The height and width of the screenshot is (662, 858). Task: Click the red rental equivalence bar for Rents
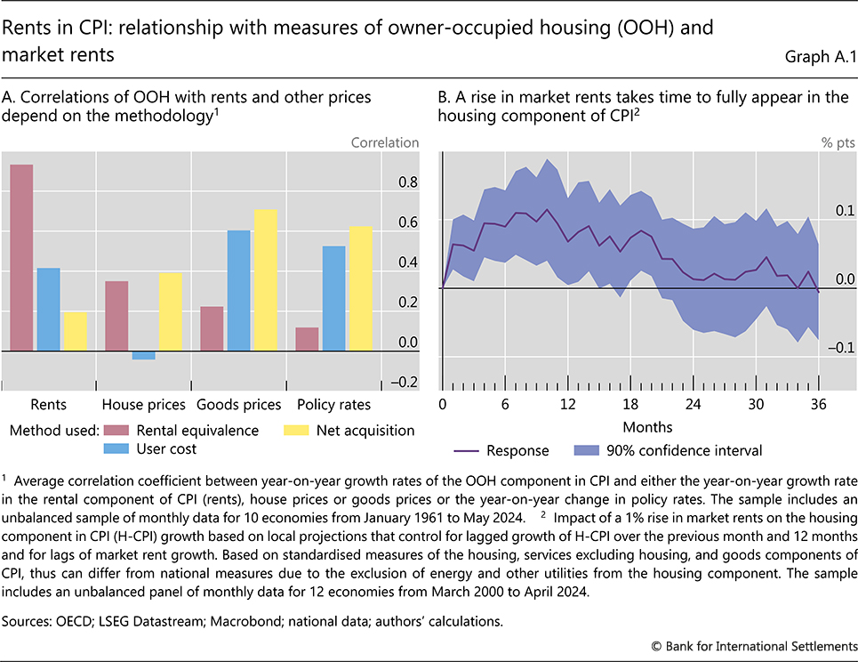[21, 258]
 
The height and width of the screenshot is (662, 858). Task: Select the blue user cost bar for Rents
[49, 310]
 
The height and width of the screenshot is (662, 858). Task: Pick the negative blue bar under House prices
[143, 355]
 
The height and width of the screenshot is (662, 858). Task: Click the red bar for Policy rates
[308, 339]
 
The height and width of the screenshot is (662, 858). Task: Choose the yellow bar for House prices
[171, 311]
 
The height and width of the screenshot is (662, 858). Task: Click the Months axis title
[647, 426]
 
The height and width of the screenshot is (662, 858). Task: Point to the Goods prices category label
[238, 405]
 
